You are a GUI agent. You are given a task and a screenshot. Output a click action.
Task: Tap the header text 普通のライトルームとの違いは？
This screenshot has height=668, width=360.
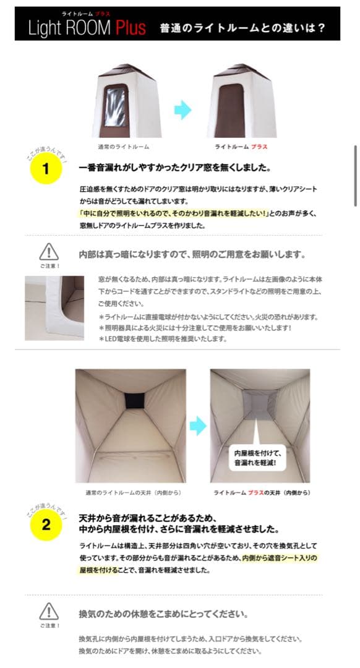point(242,28)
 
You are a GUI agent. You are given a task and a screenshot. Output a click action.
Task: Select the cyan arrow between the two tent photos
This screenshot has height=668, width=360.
point(182,110)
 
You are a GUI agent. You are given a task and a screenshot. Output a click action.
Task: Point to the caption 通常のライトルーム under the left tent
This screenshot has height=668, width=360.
point(123,147)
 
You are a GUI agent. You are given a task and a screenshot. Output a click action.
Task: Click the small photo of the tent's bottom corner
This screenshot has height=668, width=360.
point(54,307)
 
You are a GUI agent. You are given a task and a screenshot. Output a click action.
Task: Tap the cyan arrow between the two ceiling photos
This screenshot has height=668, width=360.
point(197,425)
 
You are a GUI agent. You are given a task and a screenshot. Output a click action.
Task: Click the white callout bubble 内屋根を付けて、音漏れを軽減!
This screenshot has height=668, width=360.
point(255,457)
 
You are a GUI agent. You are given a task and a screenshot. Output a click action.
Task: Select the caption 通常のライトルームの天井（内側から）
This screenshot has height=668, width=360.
point(131,493)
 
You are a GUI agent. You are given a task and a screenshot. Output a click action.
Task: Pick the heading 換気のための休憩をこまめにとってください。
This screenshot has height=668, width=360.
point(163,614)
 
